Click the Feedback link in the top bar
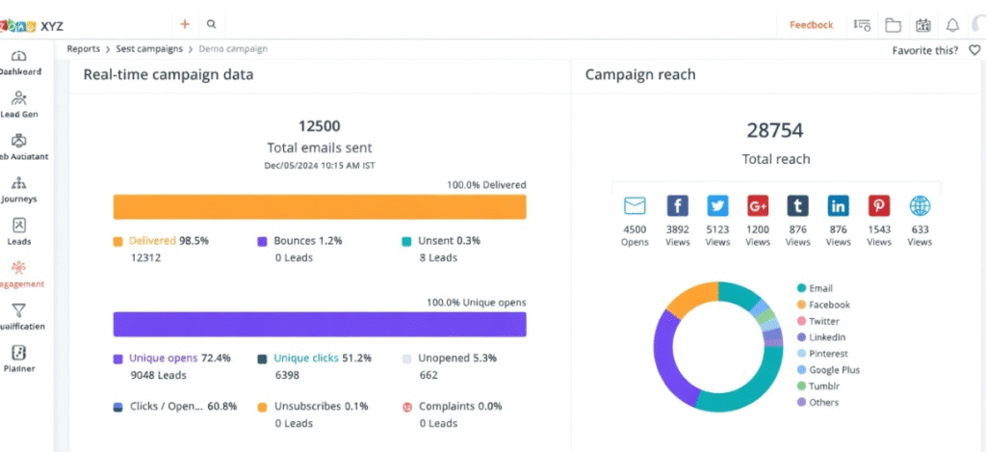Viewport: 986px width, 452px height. (811, 25)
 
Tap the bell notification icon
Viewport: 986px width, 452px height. (952, 25)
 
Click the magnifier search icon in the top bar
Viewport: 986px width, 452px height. (211, 25)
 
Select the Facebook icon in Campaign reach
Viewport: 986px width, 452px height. (677, 206)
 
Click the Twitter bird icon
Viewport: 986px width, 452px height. (717, 206)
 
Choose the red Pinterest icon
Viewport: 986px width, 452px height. (879, 206)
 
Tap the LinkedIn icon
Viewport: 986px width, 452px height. (839, 206)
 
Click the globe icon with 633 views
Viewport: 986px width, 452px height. (920, 206)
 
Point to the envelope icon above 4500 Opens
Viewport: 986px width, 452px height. (635, 206)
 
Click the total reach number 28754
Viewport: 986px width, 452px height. (775, 131)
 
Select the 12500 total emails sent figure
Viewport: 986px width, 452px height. (319, 126)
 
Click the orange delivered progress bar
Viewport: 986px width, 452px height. (319, 207)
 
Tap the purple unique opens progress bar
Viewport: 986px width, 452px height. (319, 324)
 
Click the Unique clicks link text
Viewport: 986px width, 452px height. (305, 358)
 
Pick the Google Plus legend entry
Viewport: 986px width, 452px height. (834, 369)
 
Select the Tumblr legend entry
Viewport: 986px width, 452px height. (823, 386)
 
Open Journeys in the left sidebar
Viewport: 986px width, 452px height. (19, 190)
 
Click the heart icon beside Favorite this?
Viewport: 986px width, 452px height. (974, 50)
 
